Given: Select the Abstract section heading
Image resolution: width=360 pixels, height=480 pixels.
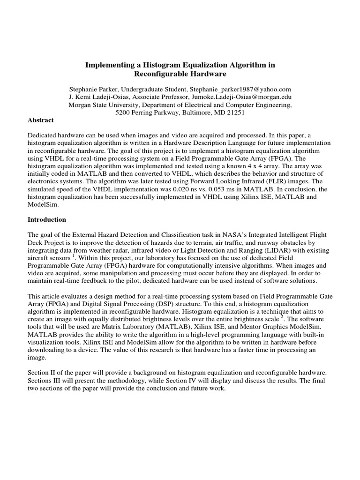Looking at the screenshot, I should coord(41,120).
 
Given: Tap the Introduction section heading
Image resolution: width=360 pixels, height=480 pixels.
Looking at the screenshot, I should coord(47,219).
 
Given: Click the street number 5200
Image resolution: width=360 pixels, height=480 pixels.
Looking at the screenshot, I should coord(125,113).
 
